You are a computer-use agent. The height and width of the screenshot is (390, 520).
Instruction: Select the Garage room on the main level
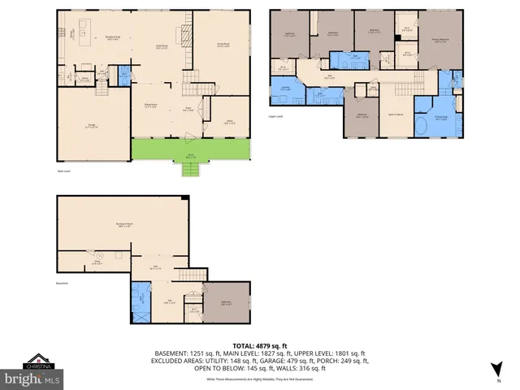point(92,125)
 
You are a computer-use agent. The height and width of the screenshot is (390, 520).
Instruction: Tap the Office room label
point(230,123)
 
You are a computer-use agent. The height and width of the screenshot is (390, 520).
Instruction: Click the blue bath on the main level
point(124,76)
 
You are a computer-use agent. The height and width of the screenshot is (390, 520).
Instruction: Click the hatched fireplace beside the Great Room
point(186,34)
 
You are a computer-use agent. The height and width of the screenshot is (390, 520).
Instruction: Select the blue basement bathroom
point(140,301)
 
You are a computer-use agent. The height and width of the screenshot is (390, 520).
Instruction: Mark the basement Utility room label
point(96,262)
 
